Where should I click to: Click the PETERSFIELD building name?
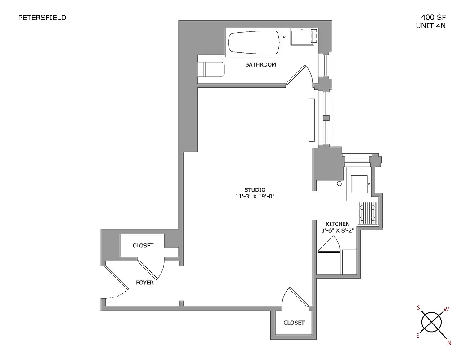(42, 18)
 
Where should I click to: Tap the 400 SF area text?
(430, 18)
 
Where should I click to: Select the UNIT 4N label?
(430, 26)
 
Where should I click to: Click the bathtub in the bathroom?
(254, 43)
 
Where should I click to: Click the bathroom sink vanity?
(304, 37)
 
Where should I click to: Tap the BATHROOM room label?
(260, 65)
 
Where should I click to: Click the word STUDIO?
(255, 189)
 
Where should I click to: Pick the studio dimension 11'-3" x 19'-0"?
(255, 196)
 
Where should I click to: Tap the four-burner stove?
(368, 213)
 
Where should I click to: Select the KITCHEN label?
(337, 224)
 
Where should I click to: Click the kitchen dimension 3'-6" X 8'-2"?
(338, 230)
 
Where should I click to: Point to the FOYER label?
(144, 283)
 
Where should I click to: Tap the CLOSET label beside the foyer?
(143, 246)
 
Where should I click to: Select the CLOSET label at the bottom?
(294, 323)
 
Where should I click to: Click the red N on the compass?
(448, 343)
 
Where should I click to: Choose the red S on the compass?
(418, 308)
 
